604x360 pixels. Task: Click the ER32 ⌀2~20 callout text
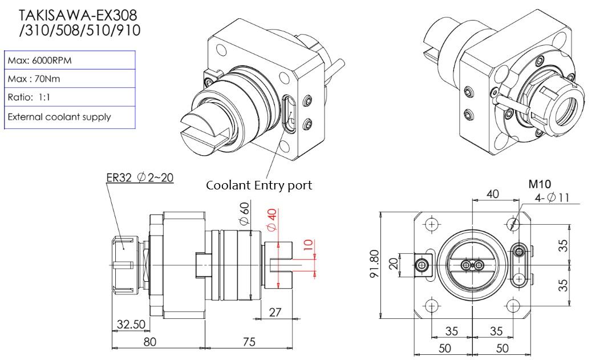click(x=140, y=177)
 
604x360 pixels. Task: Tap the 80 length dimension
click(x=149, y=341)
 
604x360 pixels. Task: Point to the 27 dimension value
click(x=276, y=313)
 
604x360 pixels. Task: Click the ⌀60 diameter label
click(x=244, y=213)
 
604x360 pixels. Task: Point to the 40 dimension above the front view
click(x=492, y=194)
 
